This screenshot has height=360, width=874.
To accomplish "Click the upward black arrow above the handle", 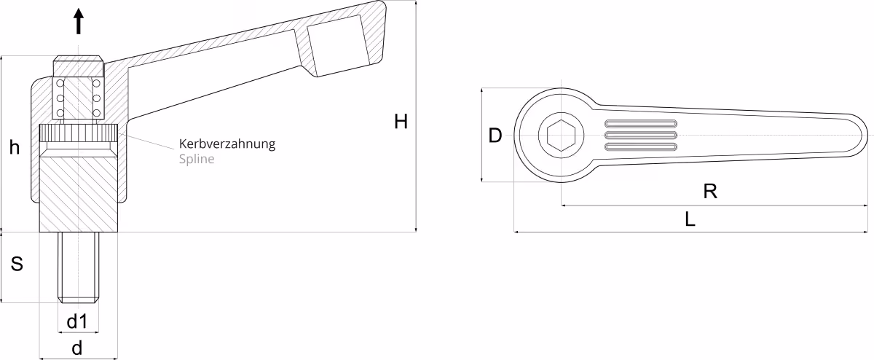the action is pos(79,21).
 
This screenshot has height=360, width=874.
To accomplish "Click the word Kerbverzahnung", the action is pos(227,144).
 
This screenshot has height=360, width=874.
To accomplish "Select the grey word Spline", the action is pos(197,159).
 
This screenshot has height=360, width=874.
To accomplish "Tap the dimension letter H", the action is pos(401,122).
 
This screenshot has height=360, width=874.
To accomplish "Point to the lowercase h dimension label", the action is pos(15,148).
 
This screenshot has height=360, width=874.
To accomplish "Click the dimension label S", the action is pos(17,264).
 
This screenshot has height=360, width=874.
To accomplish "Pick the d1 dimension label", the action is pos(77,321).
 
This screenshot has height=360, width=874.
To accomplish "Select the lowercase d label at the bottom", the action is pos(77,348).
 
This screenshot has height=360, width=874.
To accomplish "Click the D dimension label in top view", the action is pos(495,136).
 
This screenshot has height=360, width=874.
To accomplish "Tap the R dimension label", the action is pos(710,192).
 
